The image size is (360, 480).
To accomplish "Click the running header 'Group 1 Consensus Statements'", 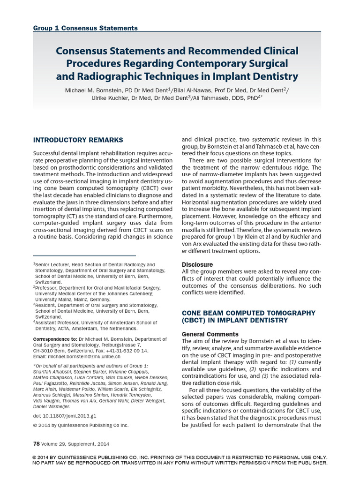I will pyautogui.click(x=85, y=28).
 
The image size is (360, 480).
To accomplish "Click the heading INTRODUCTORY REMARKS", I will pyautogui.click(x=78, y=140).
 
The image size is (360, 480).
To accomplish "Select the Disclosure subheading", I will pyautogui.click(x=197, y=264).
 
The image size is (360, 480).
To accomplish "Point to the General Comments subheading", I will pyautogui.click(x=210, y=334).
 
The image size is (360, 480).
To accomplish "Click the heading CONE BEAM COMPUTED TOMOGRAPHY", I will pyautogui.click(x=248, y=312).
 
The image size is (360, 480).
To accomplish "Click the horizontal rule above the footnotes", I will pyautogui.click(x=84, y=255).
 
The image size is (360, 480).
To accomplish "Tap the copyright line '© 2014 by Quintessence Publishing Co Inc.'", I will pyautogui.click(x=81, y=425).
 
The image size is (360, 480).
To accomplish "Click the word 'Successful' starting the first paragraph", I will pyautogui.click(x=49, y=154).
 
